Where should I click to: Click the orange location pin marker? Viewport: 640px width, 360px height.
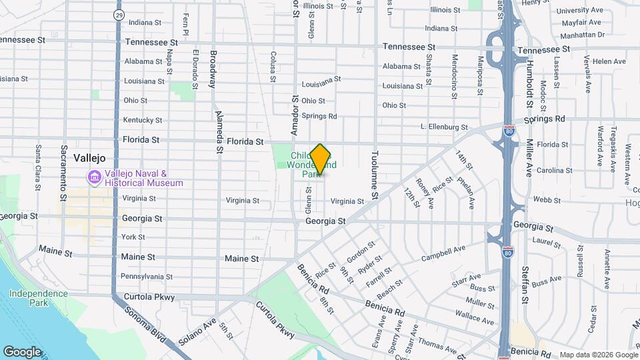(x=320, y=159)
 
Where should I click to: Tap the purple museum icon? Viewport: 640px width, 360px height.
(x=93, y=178)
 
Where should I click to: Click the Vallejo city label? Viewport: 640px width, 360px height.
(x=89, y=159)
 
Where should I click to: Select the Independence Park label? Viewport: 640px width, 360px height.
(x=38, y=298)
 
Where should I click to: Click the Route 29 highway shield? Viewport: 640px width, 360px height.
(x=118, y=14)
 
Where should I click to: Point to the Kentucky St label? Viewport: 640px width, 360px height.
(x=143, y=120)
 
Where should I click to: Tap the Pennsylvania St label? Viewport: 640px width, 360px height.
(x=147, y=277)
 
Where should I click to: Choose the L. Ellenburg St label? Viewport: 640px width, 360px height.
(x=445, y=127)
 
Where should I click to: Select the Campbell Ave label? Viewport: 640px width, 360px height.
(x=443, y=253)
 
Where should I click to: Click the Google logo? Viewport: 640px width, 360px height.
(x=22, y=351)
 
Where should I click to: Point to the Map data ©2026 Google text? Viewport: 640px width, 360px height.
(x=597, y=355)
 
